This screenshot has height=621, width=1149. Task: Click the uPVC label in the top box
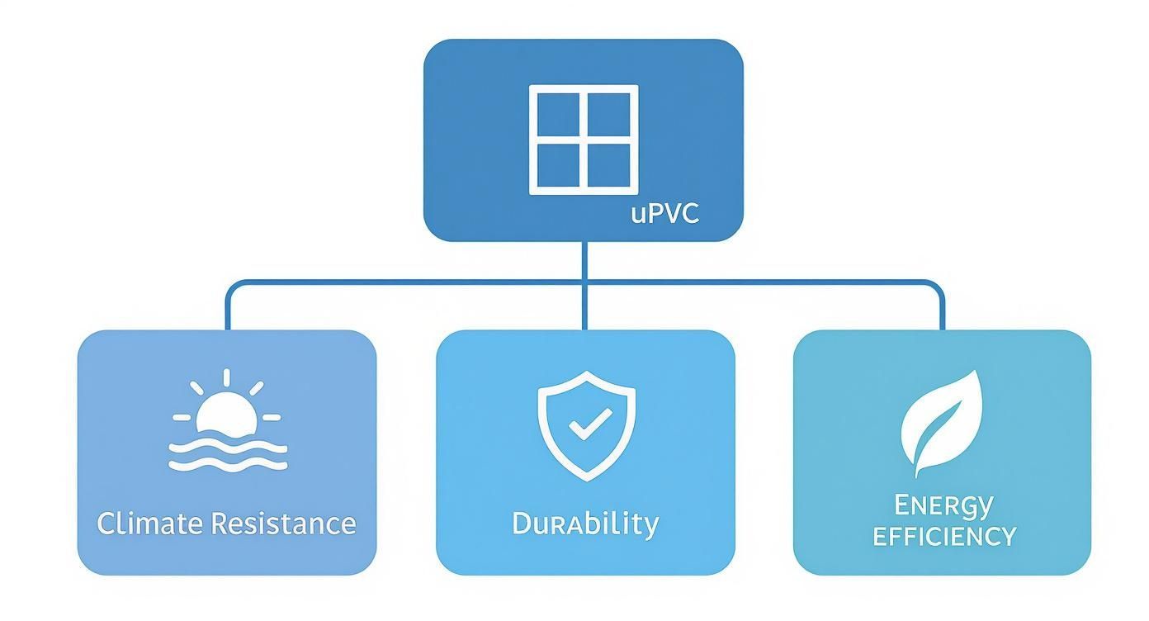[x=665, y=213]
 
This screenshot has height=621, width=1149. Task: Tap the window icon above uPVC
[x=584, y=139]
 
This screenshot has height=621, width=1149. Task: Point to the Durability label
[x=585, y=524]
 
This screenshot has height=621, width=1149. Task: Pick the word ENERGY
[x=943, y=504]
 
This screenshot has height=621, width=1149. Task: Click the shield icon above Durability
[x=586, y=424]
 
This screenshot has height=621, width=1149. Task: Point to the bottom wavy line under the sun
[x=228, y=465]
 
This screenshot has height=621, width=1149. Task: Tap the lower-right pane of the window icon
[x=610, y=165]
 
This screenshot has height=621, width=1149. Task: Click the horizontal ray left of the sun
[x=182, y=417]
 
